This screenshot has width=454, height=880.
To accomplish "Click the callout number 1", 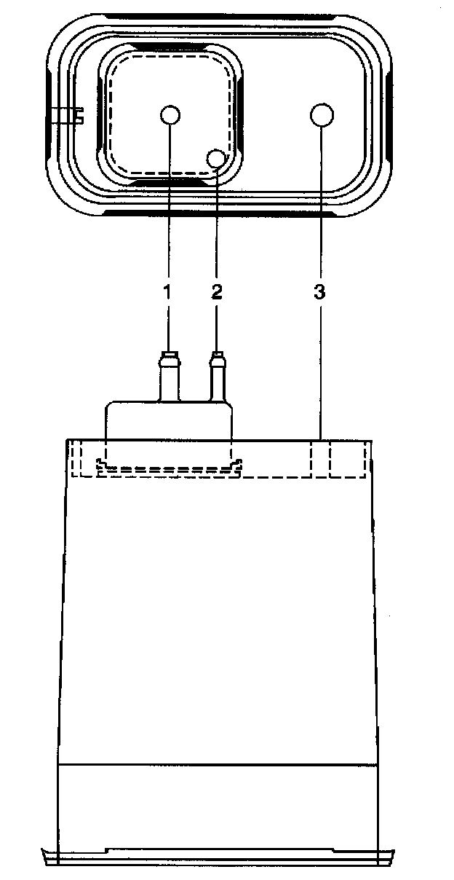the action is click(167, 293).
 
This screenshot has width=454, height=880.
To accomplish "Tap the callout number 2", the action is click(216, 293).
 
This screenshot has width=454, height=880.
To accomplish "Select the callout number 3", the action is click(319, 293).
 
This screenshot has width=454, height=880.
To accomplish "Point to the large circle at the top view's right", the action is click(321, 114).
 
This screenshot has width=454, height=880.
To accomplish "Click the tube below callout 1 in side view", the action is click(169, 382).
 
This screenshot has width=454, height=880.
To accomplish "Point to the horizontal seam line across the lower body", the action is click(218, 764).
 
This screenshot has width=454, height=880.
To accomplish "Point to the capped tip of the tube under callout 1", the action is click(169, 357).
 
